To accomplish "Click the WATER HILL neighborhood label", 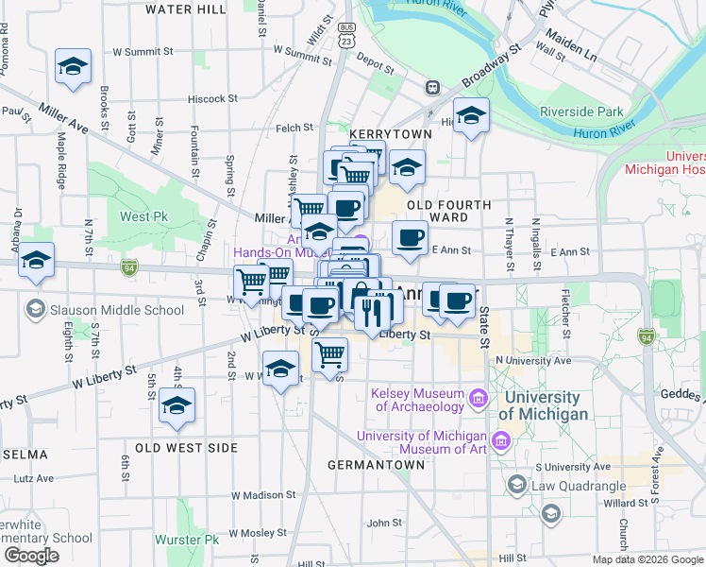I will point(186,9).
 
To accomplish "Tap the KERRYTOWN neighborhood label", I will point(390,135).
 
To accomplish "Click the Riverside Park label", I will point(581,112).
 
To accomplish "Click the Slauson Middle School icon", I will point(35,309).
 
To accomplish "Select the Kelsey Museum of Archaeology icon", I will point(479,400).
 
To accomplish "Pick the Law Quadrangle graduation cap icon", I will point(516,486).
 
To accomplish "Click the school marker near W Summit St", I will point(73,66).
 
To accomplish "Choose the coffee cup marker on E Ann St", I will point(410,236).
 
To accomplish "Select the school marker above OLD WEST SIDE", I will point(176,405).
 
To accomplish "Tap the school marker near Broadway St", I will point(471,115).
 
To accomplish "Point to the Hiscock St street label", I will point(212,98).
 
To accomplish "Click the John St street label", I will point(384,523).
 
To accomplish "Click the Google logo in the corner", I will point(31,556).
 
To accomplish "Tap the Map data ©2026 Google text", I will point(647,559).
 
